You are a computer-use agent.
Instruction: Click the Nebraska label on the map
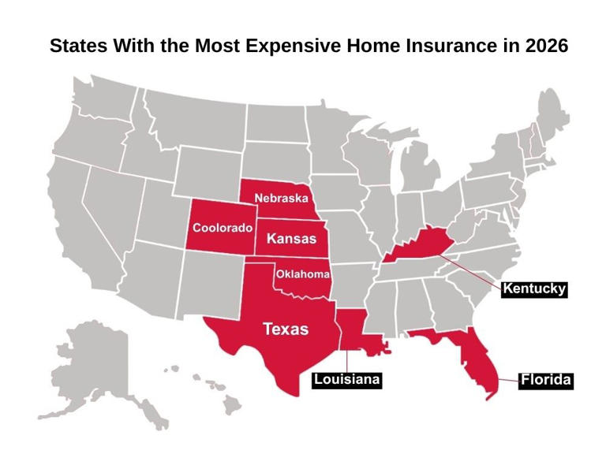click(281, 197)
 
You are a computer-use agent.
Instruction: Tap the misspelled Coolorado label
click(223, 228)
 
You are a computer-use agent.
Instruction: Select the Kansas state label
click(291, 238)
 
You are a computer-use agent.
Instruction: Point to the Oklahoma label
click(302, 274)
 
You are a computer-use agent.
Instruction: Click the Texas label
click(285, 329)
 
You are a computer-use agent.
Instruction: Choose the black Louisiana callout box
click(347, 380)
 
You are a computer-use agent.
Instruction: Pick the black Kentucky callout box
click(534, 288)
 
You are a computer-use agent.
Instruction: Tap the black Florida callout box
click(546, 380)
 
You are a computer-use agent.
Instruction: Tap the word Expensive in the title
click(295, 46)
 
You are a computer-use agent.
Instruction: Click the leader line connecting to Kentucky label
click(473, 270)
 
